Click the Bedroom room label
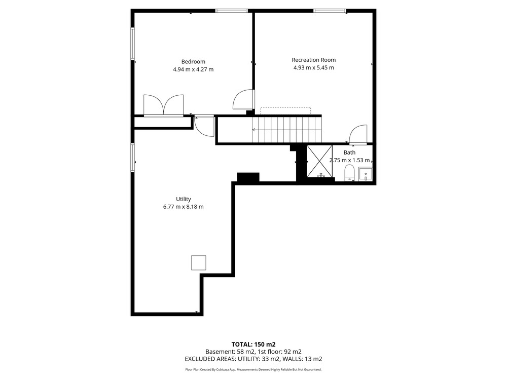193,62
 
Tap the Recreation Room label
314,60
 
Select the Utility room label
184,199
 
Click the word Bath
349,153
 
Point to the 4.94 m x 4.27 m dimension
193,69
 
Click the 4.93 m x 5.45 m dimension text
314,67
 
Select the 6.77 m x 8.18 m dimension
184,207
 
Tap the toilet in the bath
349,173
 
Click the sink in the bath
366,174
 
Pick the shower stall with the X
319,161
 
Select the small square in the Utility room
199,262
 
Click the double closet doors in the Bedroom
164,105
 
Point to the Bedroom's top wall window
232,11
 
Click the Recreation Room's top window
330,11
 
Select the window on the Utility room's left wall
132,158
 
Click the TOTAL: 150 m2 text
253,344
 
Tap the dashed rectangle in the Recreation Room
285,110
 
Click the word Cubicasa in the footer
220,369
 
